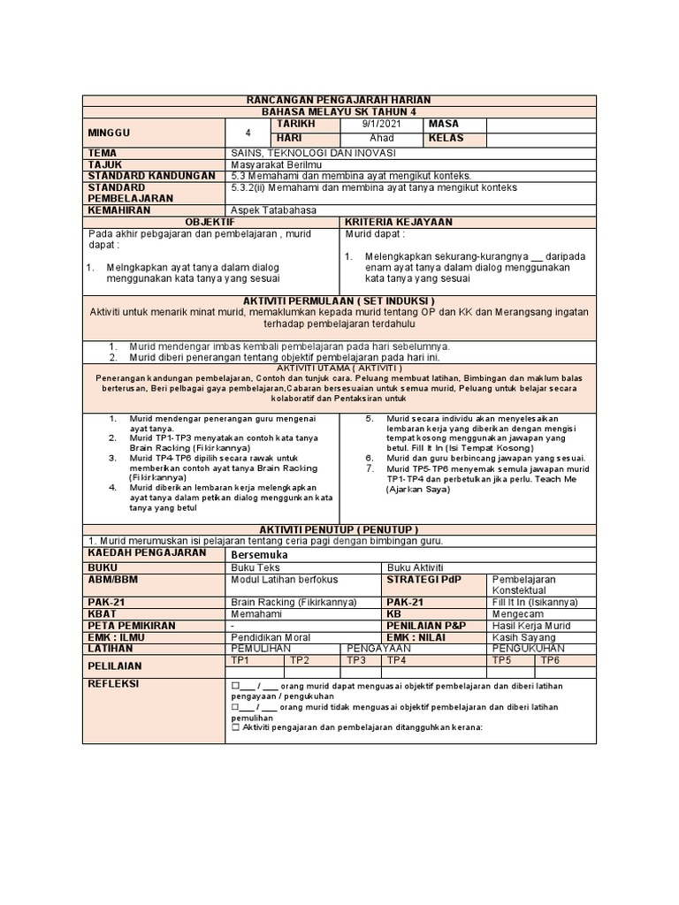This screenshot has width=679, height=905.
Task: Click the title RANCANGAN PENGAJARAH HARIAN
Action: pos(339,102)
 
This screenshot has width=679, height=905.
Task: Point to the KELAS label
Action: pos(446,139)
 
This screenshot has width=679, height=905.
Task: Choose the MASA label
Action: pos(443,125)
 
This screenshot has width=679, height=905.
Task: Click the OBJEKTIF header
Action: pos(211,221)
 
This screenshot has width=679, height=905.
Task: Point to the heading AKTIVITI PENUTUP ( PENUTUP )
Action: pos(339,528)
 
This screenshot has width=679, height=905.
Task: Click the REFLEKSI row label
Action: pos(114,683)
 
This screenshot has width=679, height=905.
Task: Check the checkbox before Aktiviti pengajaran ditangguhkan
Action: pos(235,728)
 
